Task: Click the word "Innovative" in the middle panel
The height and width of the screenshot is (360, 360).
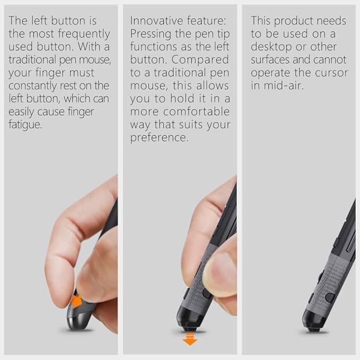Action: click(x=154, y=21)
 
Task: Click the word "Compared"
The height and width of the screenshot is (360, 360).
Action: click(x=204, y=60)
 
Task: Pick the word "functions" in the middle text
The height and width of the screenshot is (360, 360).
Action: click(x=153, y=47)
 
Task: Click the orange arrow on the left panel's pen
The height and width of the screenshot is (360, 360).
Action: click(x=76, y=302)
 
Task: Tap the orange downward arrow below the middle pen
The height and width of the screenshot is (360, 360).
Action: click(x=189, y=339)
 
